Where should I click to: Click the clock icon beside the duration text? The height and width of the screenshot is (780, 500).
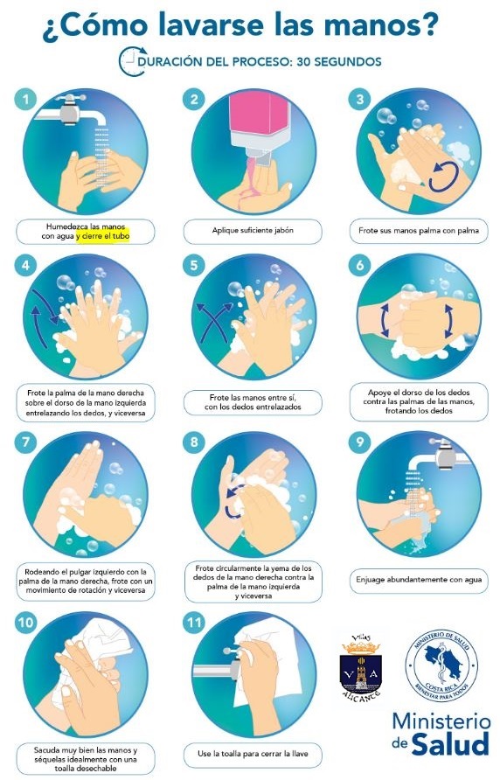pyautogui.click(x=132, y=61)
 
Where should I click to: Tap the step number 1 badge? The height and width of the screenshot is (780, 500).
pyautogui.click(x=25, y=100)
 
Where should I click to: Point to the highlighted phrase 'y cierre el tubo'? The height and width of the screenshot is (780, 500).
pyautogui.click(x=103, y=236)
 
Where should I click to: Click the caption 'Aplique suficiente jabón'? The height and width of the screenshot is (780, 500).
pyautogui.click(x=253, y=230)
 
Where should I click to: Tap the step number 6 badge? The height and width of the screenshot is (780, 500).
pyautogui.click(x=360, y=265)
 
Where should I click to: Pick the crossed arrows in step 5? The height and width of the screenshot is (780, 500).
pyautogui.click(x=215, y=321)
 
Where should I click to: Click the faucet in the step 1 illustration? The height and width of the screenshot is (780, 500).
pyautogui.click(x=73, y=110)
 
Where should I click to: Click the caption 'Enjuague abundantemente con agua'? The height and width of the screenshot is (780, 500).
pyautogui.click(x=419, y=580)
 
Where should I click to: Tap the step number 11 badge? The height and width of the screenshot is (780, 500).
pyautogui.click(x=194, y=623)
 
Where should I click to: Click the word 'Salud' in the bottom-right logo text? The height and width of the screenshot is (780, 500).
pyautogui.click(x=451, y=744)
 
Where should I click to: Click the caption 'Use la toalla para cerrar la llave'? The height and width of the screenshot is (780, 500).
pyautogui.click(x=253, y=754)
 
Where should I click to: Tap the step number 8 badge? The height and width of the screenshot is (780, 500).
pyautogui.click(x=194, y=442)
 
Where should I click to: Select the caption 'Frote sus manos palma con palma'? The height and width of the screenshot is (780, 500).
pyautogui.click(x=419, y=230)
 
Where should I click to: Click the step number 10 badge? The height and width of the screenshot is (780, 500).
pyautogui.click(x=25, y=623)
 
